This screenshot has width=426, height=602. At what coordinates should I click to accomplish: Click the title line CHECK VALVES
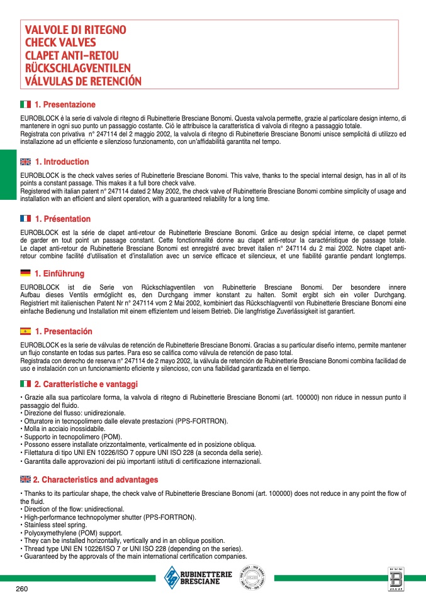coord(60,43)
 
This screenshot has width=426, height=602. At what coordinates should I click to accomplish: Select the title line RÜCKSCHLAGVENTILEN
coord(77,68)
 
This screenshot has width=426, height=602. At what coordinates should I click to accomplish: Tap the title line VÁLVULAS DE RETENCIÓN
coord(83,82)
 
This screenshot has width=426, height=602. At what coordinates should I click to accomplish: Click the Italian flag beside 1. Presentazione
coord(25,104)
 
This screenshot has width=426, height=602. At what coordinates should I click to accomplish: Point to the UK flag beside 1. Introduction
coord(25,162)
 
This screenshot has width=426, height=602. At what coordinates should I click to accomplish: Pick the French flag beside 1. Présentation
coord(25,219)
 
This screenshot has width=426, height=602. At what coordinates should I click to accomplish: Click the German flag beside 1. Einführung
coord(25,273)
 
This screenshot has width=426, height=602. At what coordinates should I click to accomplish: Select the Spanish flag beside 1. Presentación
coord(25,331)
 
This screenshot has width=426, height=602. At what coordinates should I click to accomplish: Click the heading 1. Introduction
coord(62,162)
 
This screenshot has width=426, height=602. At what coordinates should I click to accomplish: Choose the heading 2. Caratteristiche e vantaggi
coord(86,384)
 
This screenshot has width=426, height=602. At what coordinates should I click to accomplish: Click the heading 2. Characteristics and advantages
coord(96,480)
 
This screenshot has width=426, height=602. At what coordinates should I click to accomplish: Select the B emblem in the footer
coord(395,578)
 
